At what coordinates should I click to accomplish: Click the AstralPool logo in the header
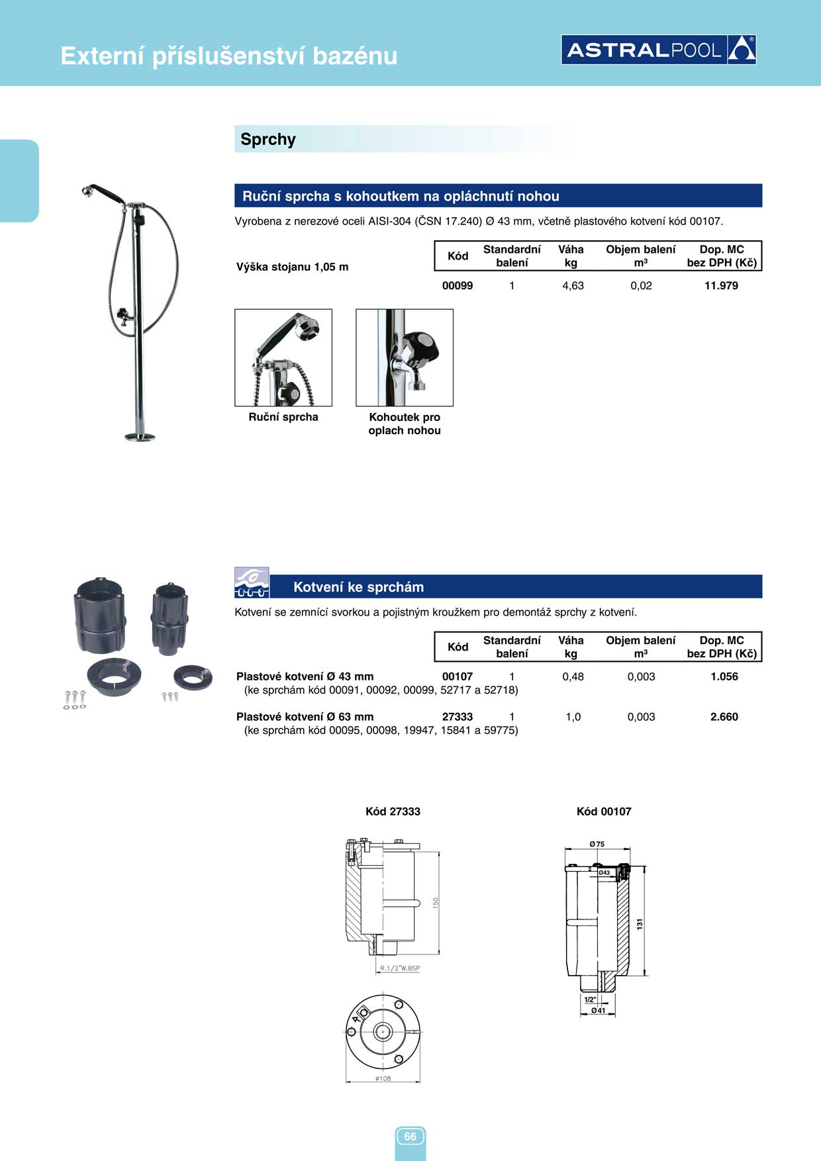[x=658, y=50]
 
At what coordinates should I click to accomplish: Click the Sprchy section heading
[x=268, y=140]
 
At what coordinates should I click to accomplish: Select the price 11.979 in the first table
[x=721, y=286]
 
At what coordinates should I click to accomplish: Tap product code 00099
[x=458, y=286]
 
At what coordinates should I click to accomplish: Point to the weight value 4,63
[x=573, y=286]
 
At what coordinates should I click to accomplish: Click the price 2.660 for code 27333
[x=724, y=717]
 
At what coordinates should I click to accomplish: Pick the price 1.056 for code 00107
[x=724, y=676]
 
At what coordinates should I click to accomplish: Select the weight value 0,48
[x=573, y=676]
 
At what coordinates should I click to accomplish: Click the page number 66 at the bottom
[x=410, y=1137]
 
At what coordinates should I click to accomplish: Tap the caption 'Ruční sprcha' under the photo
[x=283, y=417]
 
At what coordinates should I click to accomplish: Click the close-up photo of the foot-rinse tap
[x=405, y=357]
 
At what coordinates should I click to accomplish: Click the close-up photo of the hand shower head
[x=283, y=357]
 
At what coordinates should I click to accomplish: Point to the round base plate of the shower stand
[x=140, y=437]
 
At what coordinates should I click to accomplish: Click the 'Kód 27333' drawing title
[x=393, y=812]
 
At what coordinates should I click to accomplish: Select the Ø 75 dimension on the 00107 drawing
[x=597, y=844]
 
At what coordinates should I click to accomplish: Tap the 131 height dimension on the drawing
[x=640, y=923]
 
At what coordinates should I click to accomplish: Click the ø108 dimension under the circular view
[x=383, y=1078]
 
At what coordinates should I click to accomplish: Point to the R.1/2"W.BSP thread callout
[x=400, y=968]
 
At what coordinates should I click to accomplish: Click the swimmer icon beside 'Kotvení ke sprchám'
[x=252, y=582]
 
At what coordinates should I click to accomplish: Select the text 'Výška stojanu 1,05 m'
[x=292, y=267]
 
